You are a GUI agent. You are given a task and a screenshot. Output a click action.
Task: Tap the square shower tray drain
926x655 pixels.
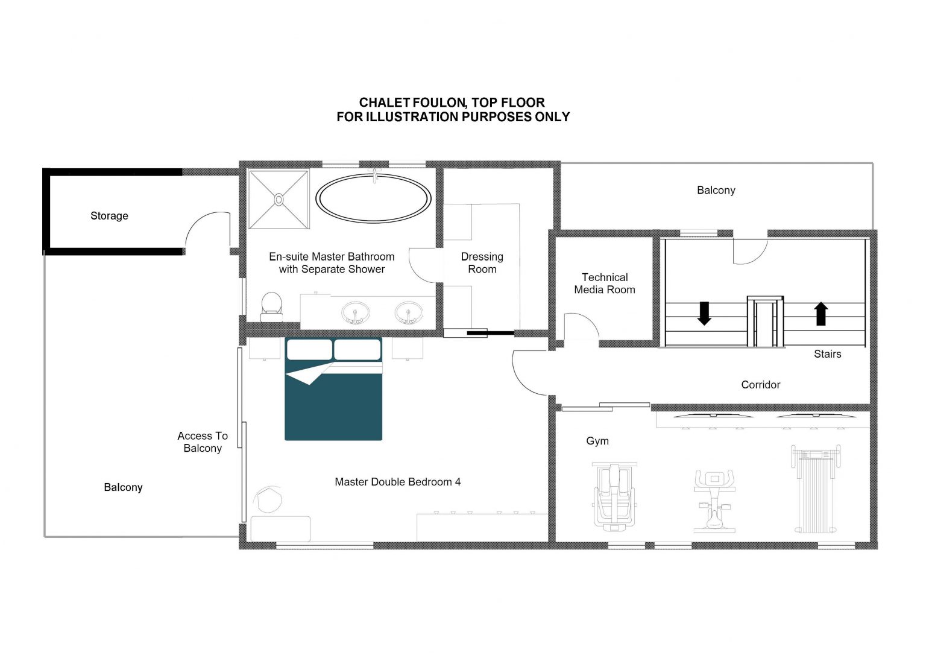279,200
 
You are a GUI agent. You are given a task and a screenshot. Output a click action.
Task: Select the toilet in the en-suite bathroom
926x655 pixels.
272,307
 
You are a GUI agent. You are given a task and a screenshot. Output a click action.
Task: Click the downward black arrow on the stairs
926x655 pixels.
704,314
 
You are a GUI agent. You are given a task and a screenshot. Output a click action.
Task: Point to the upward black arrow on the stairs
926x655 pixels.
821,314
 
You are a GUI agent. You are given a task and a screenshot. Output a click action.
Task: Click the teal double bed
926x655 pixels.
333,389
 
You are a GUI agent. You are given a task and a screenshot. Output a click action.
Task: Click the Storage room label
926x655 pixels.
110,216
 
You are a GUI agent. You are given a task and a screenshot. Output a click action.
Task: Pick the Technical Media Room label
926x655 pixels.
605,283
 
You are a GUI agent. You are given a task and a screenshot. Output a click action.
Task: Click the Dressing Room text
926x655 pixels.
482,263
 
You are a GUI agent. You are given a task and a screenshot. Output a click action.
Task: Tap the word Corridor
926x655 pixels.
761,385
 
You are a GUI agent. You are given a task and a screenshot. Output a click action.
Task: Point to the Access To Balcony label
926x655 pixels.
203,442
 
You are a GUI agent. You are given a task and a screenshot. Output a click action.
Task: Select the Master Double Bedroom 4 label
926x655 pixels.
398,482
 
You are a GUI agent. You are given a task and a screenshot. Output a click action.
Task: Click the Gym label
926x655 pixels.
597,441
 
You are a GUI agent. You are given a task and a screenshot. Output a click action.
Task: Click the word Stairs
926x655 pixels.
828,354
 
